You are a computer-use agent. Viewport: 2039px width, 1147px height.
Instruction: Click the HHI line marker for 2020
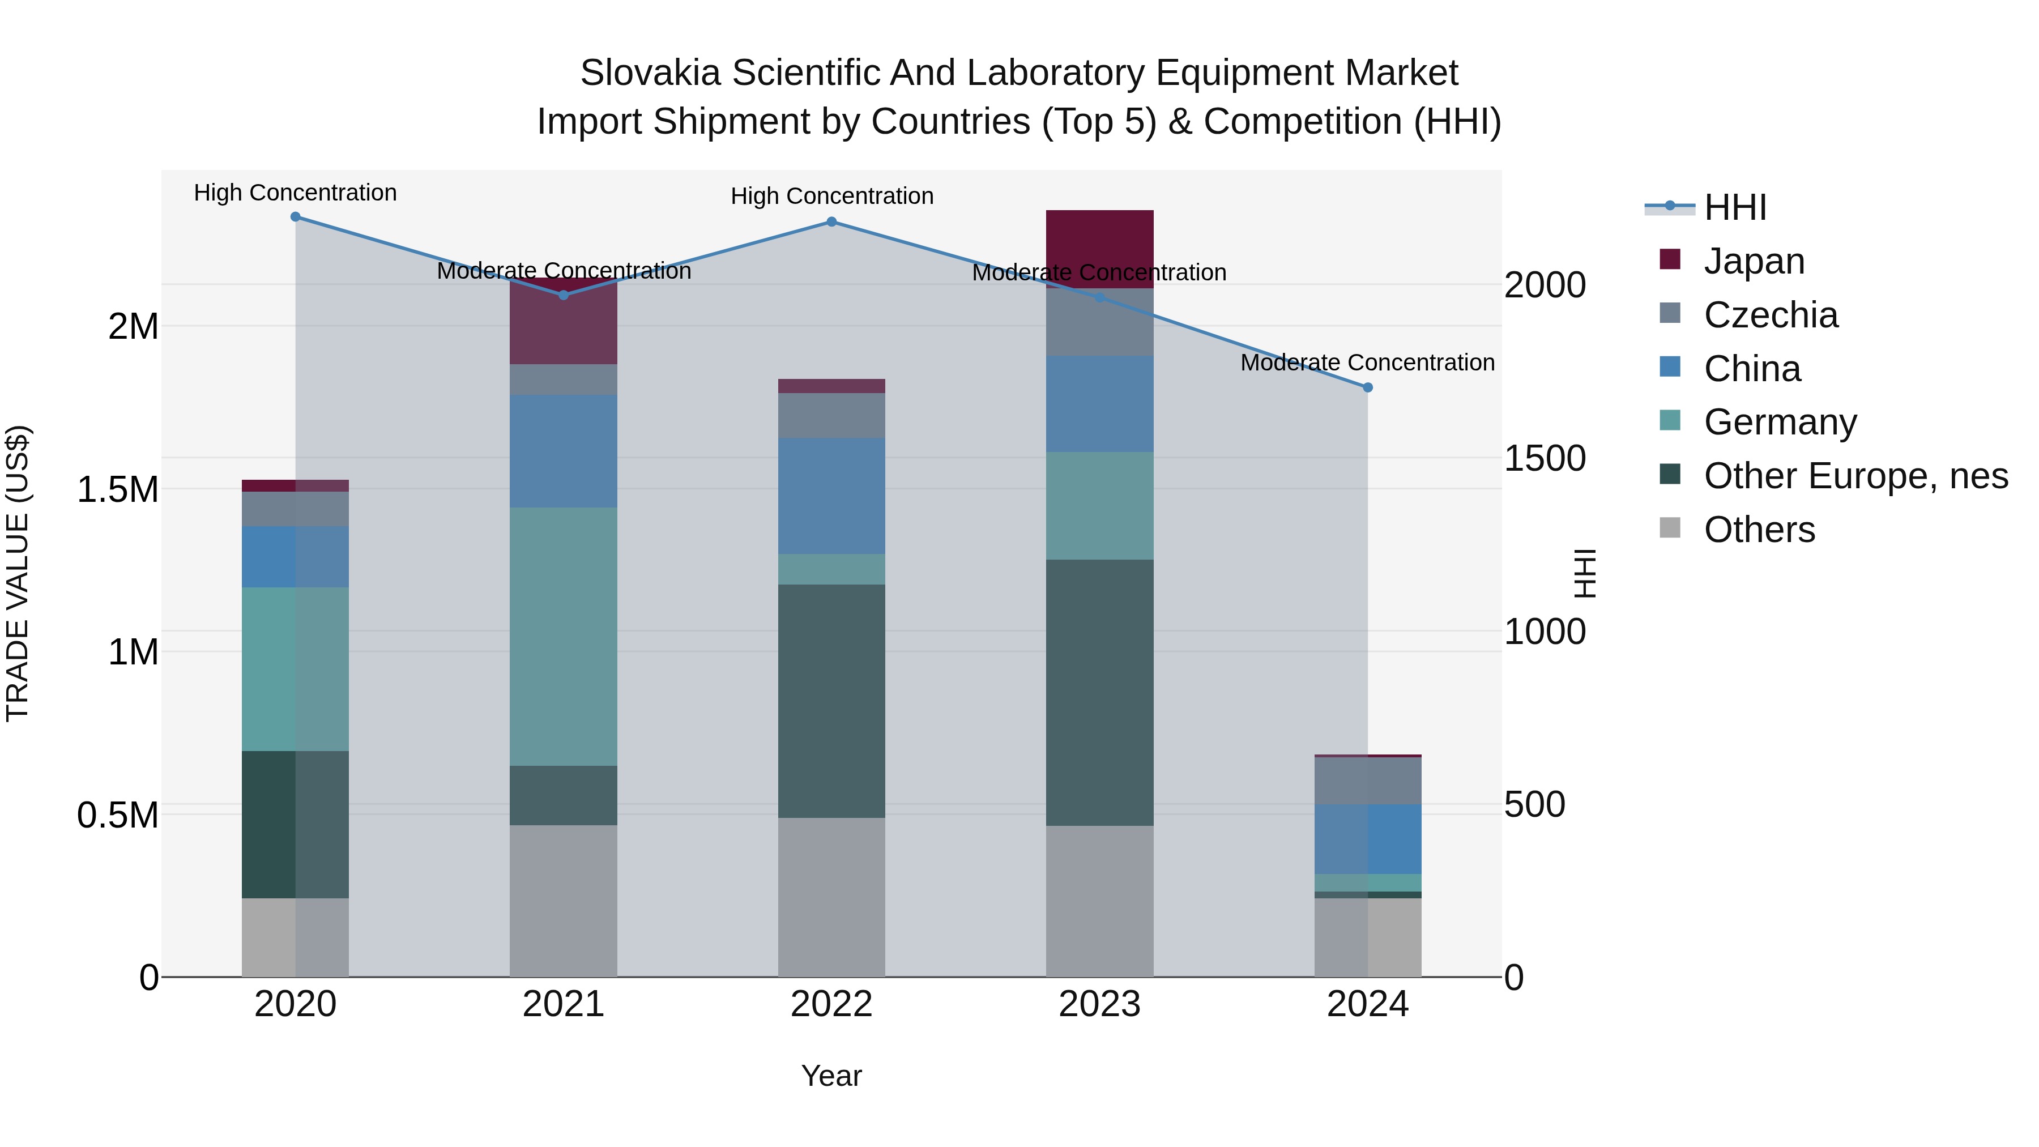pos(295,216)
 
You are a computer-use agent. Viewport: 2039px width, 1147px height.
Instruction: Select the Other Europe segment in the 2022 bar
pos(831,701)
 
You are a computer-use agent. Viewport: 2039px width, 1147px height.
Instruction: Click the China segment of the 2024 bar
pos(1367,838)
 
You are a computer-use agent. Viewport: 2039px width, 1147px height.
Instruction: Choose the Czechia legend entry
pos(1770,315)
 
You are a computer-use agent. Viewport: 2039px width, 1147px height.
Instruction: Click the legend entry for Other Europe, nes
pos(1855,476)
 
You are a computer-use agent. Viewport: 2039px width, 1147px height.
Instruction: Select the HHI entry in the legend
pos(1734,207)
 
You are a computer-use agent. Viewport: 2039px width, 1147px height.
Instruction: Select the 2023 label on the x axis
pos(1099,1004)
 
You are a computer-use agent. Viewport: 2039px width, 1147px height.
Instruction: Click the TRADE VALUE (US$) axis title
pos(18,573)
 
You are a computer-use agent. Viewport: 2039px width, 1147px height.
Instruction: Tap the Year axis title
pos(831,1076)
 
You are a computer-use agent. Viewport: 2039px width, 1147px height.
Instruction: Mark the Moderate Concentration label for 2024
pos(1367,362)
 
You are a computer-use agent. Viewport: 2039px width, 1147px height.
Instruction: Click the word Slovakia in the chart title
pos(650,73)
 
